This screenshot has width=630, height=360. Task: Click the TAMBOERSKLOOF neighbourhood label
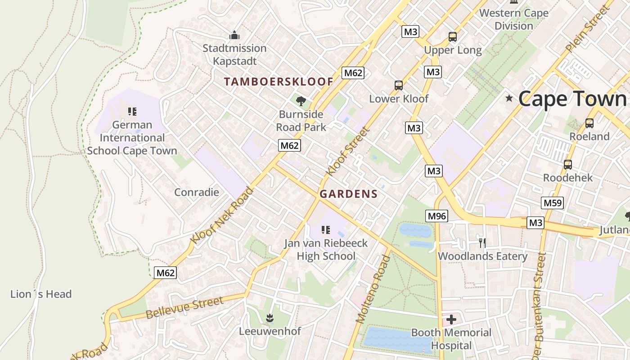point(279,81)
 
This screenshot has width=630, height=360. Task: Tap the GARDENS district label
point(348,194)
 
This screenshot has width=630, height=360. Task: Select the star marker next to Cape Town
point(509,98)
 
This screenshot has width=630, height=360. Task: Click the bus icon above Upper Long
point(453,37)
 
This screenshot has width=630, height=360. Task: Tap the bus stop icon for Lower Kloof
point(398,85)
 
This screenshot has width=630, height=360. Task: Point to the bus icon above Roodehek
point(568,164)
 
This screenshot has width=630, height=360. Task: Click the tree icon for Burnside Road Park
point(301,101)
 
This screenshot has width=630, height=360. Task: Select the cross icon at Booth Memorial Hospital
point(451,319)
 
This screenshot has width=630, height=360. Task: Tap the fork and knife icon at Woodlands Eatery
point(482,243)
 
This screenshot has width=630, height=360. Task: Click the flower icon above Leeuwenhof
point(270,318)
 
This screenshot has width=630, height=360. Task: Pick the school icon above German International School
point(132,111)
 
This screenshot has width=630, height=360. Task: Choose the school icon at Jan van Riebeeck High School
point(326,230)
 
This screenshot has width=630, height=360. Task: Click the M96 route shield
point(436,216)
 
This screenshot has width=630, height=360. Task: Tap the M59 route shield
point(553,203)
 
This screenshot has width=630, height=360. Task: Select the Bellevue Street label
point(184,308)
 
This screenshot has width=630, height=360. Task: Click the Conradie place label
point(197,192)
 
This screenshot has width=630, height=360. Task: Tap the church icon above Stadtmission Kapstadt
point(234,35)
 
